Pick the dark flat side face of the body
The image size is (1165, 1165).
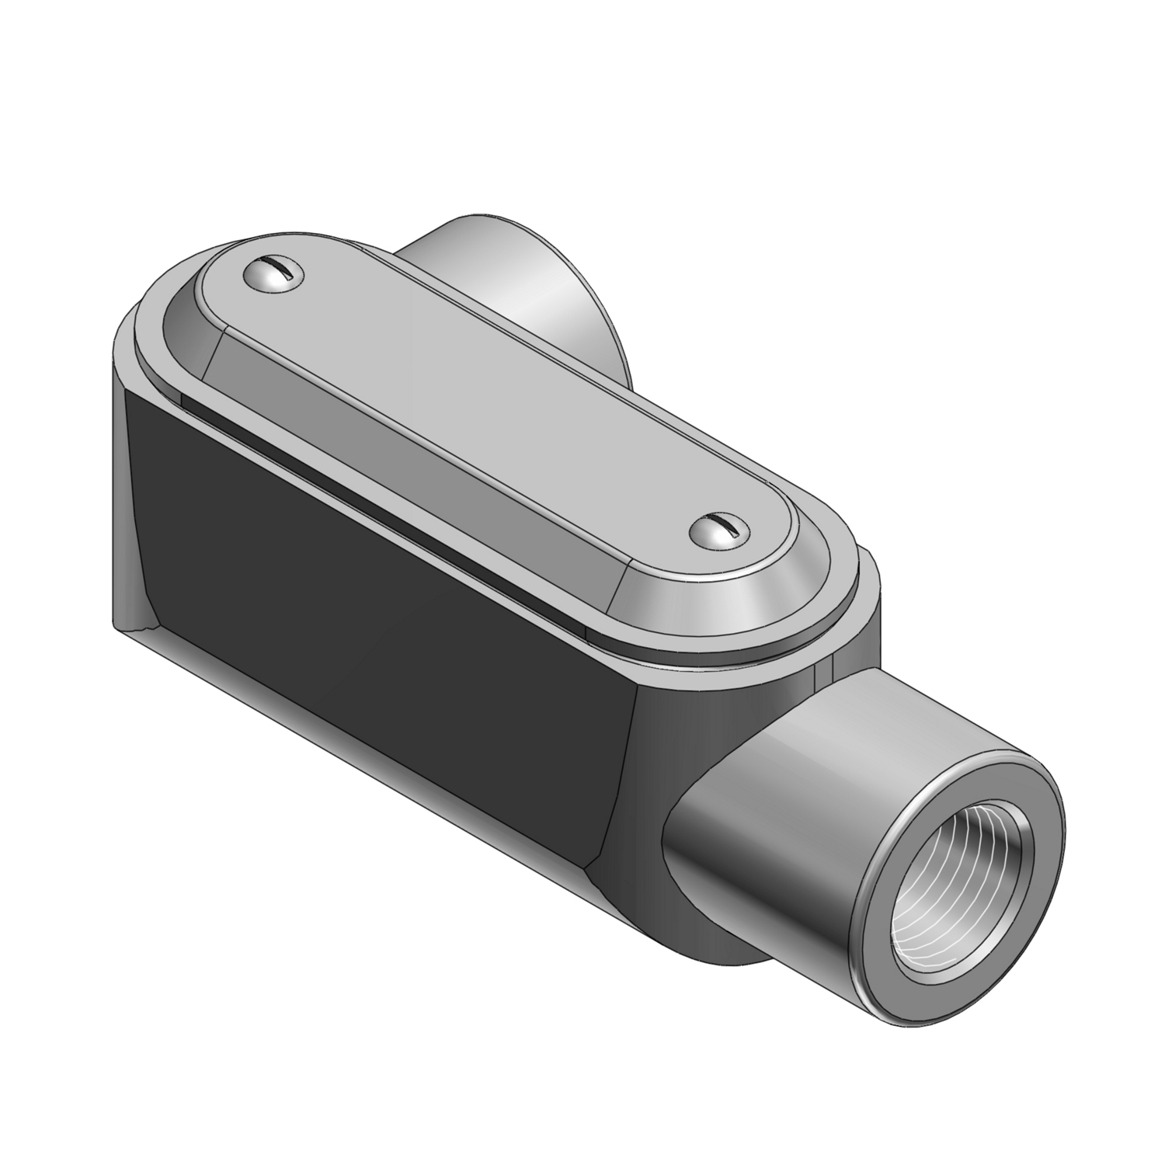pyautogui.click(x=373, y=559)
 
